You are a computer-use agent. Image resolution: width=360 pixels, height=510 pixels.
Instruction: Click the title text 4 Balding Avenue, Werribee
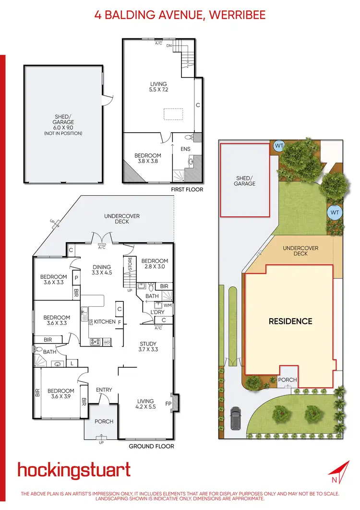pyautogui.click(x=180, y=15)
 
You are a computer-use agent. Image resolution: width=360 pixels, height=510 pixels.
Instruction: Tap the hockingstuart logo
pyautogui.click(x=74, y=470)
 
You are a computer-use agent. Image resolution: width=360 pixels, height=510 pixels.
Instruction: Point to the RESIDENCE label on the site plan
pyautogui.click(x=290, y=321)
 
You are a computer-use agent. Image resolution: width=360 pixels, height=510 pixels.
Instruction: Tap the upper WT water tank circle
pyautogui.click(x=278, y=145)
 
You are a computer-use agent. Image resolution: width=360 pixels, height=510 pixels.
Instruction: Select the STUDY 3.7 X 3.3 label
pyautogui.click(x=148, y=347)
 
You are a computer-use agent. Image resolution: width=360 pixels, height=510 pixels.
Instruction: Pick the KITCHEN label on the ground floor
pyautogui.click(x=105, y=322)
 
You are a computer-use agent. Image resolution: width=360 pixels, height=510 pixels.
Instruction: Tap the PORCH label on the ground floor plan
pyautogui.click(x=104, y=422)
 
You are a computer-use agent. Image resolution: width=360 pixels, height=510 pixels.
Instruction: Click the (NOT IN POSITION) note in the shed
pyautogui.click(x=64, y=133)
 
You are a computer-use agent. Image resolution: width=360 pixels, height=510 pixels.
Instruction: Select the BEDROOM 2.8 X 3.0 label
pyautogui.click(x=155, y=263)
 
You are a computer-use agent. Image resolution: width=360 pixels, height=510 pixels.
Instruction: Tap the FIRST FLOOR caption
pyautogui.click(x=187, y=189)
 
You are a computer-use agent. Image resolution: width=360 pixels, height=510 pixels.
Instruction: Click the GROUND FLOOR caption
pyautogui.click(x=151, y=446)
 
